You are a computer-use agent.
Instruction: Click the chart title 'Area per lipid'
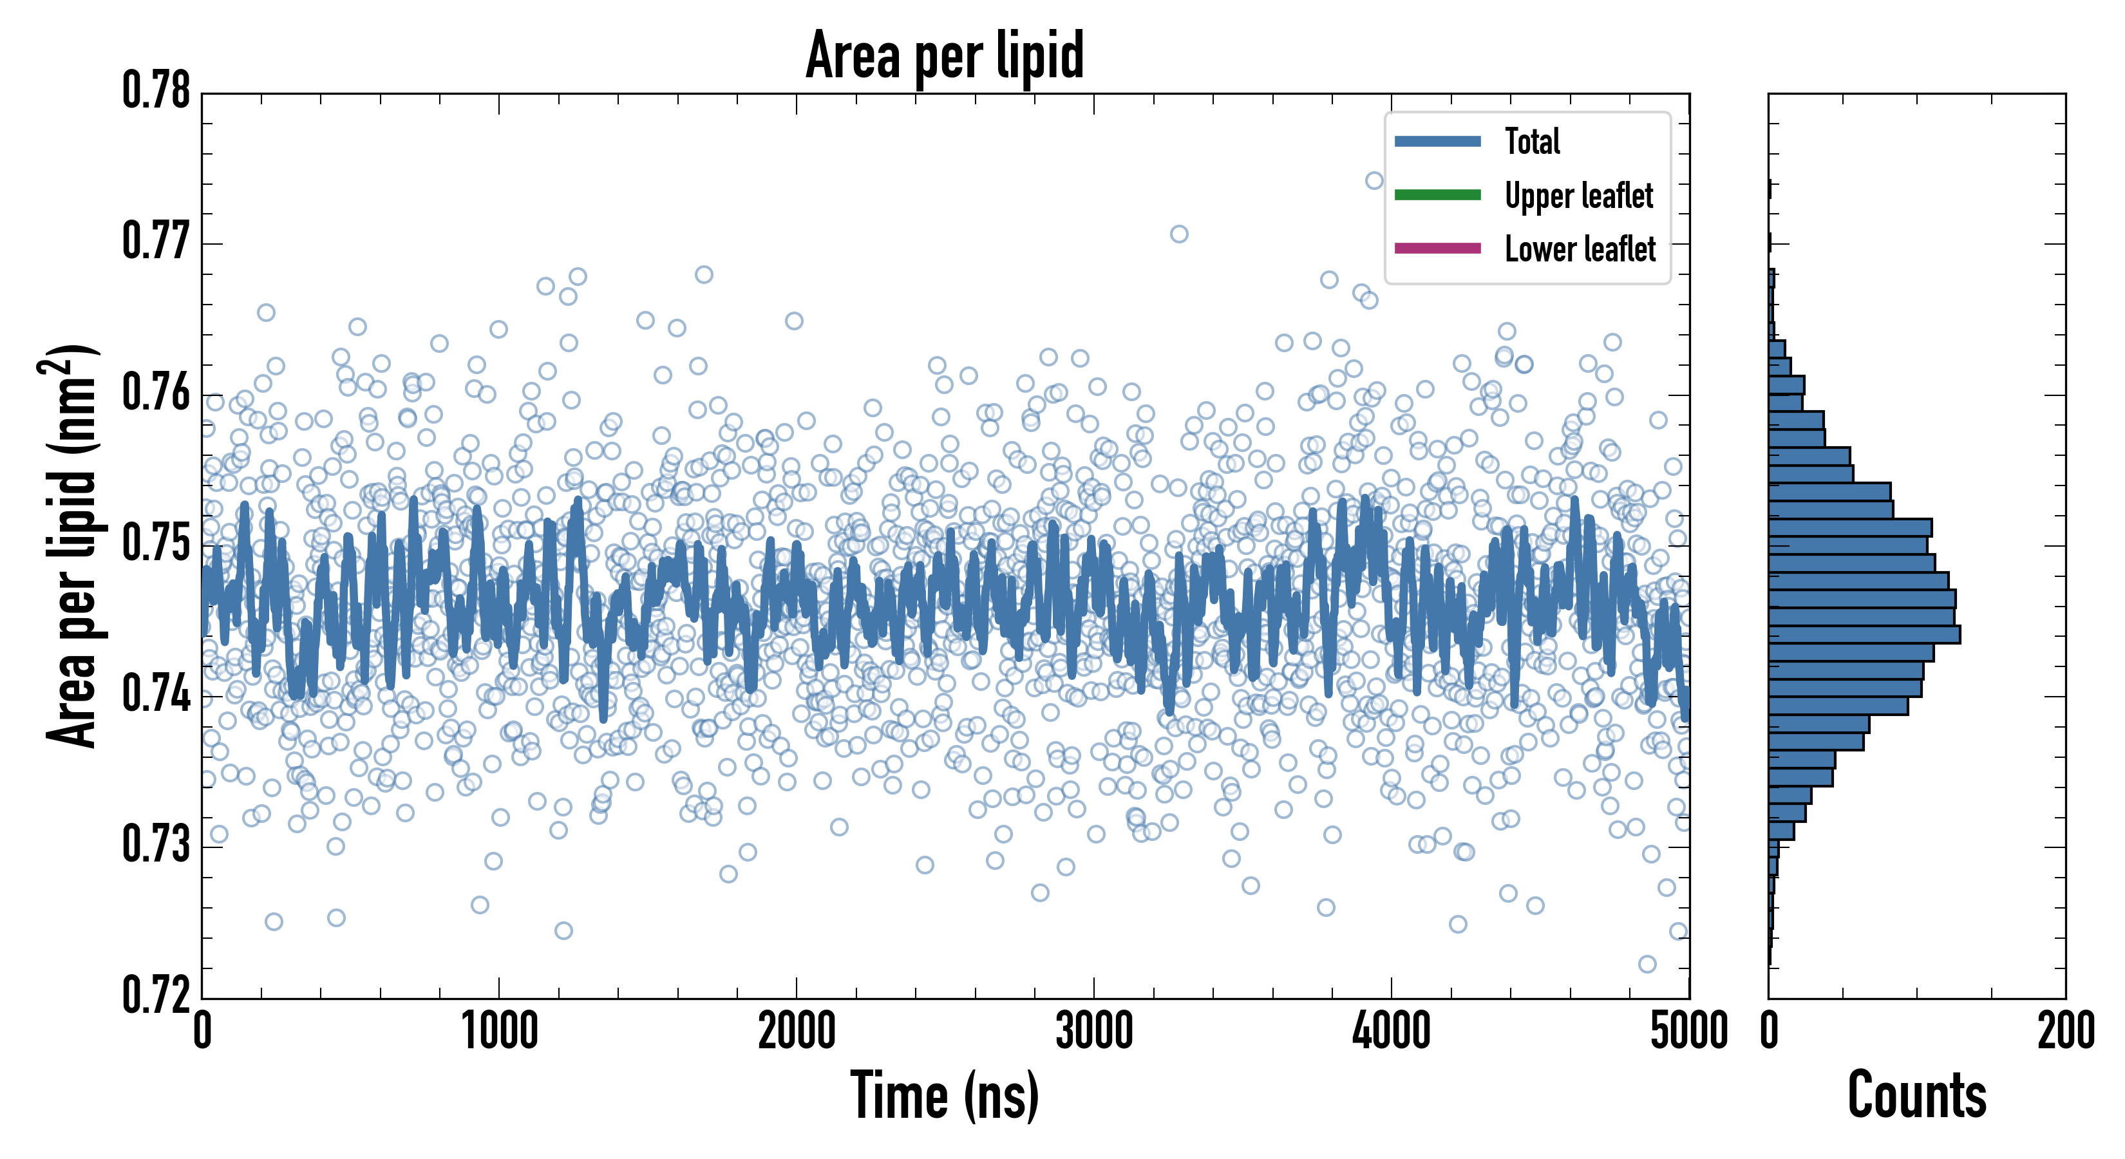coord(945,55)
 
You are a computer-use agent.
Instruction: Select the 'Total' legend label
coord(1532,141)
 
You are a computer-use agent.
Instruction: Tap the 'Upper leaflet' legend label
coord(1578,196)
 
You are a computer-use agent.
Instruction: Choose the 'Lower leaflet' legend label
coord(1580,249)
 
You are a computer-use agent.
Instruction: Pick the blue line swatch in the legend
coord(1437,141)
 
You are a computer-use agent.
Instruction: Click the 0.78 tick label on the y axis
coord(156,91)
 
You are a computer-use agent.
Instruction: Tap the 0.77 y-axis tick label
coord(156,241)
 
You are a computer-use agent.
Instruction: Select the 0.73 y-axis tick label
coord(156,845)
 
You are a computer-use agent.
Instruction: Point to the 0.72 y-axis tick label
coord(156,995)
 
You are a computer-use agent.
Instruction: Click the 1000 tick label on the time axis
coord(499,1031)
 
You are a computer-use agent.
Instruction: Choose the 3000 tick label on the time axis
coord(1094,1031)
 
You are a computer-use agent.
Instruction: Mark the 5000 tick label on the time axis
coord(1688,1031)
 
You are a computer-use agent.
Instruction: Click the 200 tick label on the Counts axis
coord(2064,1031)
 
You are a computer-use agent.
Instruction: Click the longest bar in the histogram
coord(1864,634)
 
